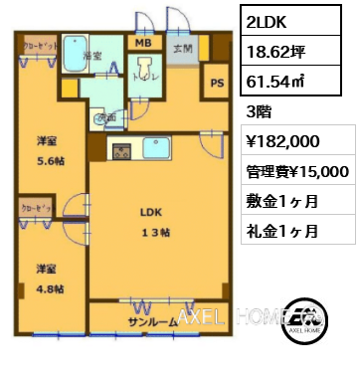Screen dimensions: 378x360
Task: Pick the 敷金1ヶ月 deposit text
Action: tap(282, 200)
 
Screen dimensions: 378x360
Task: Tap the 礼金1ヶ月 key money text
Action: tap(282, 230)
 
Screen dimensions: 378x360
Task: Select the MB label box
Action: tap(142, 42)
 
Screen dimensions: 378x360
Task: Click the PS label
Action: tap(216, 86)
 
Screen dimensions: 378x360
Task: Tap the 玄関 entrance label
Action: tap(183, 48)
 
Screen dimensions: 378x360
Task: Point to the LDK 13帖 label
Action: tap(150, 222)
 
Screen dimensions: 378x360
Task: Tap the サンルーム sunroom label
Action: tap(152, 321)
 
